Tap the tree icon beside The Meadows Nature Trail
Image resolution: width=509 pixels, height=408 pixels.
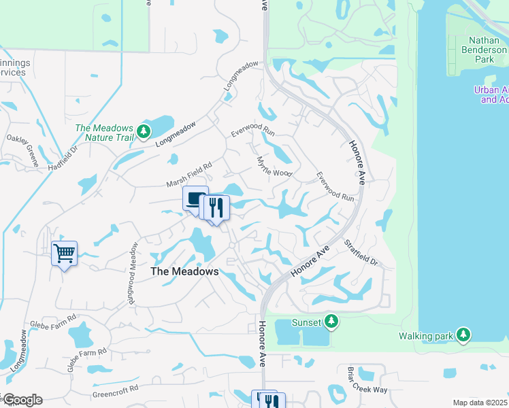pyautogui.click(x=143, y=131)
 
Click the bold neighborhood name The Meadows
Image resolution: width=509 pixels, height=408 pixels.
pyautogui.click(x=184, y=271)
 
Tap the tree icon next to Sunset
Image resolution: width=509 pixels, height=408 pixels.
pyautogui.click(x=331, y=320)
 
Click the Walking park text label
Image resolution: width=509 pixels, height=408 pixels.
pyautogui.click(x=425, y=335)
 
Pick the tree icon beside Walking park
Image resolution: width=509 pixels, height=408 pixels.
pyautogui.click(x=463, y=335)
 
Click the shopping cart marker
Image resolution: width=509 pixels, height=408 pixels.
pyautogui.click(x=64, y=254)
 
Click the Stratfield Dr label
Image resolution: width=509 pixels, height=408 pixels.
pyautogui.click(x=360, y=252)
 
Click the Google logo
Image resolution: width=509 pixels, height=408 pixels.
pyautogui.click(x=22, y=399)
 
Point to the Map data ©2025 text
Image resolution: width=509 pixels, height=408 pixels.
pyautogui.click(x=479, y=403)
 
